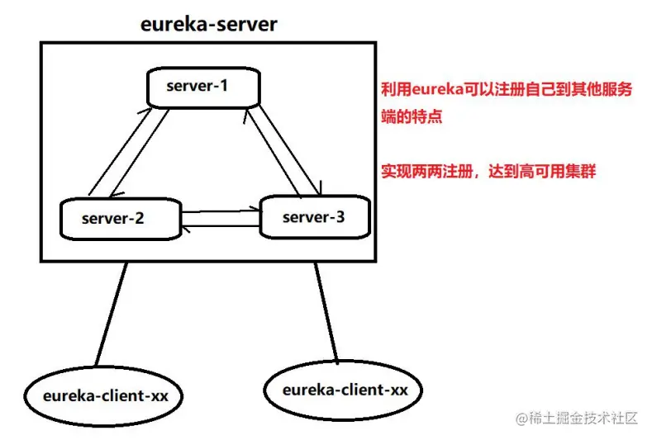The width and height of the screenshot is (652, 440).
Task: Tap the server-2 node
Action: (x=120, y=219)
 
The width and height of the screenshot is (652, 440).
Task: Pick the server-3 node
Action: (x=313, y=217)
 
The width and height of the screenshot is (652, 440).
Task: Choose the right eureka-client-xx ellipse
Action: (x=339, y=388)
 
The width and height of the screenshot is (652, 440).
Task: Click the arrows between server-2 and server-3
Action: (x=221, y=219)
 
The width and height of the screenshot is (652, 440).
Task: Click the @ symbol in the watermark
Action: (x=522, y=419)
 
